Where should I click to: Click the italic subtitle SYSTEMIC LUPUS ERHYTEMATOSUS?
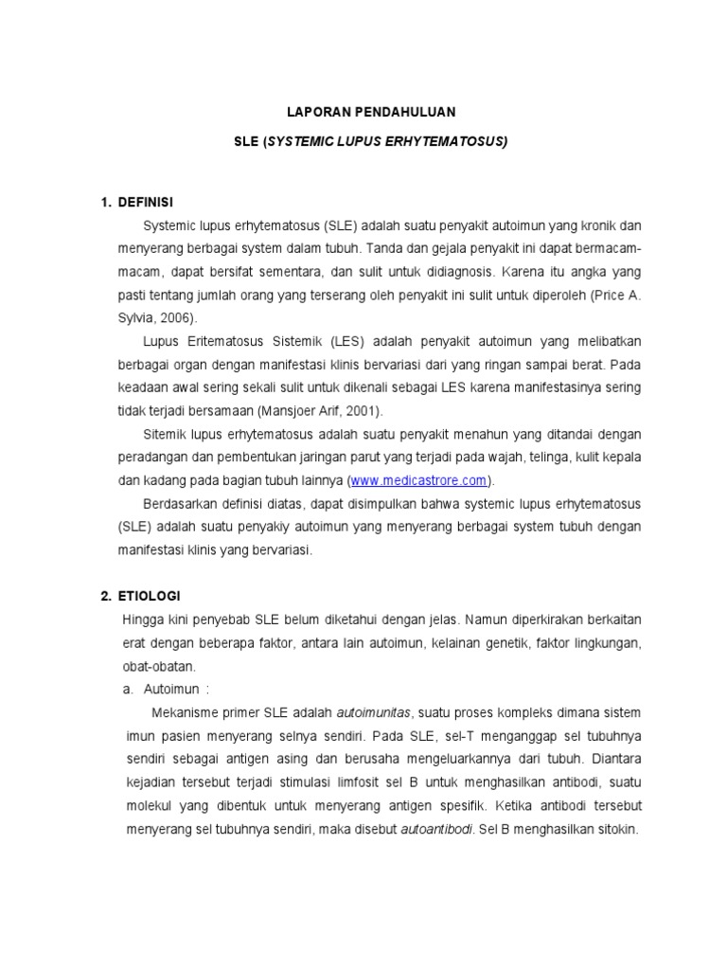click(x=386, y=141)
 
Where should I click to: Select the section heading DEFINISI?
click(x=146, y=204)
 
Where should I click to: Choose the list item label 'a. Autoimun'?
click(x=168, y=689)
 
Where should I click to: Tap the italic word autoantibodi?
click(x=436, y=828)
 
